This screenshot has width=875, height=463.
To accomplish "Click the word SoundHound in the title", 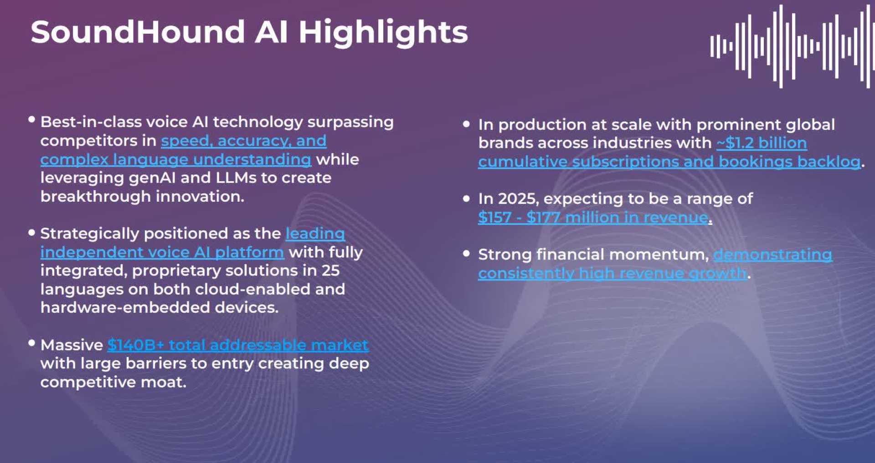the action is [138, 32].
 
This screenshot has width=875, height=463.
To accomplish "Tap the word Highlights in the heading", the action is [383, 33].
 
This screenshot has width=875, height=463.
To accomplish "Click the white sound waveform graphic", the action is [792, 46].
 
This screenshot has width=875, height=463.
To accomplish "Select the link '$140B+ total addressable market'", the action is [238, 345].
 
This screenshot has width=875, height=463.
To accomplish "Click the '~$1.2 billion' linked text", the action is [762, 143].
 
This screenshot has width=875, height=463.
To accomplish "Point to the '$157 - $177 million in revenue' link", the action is [593, 218].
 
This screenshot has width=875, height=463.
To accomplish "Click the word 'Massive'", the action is [72, 345].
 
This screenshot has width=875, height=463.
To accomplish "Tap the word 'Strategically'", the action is [90, 234].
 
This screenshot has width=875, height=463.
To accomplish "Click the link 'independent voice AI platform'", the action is [162, 252].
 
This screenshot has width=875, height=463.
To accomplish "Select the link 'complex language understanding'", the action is [176, 159].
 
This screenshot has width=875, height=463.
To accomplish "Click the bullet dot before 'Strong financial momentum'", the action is [466, 254].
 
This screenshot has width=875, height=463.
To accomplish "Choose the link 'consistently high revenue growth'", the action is [612, 273].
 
